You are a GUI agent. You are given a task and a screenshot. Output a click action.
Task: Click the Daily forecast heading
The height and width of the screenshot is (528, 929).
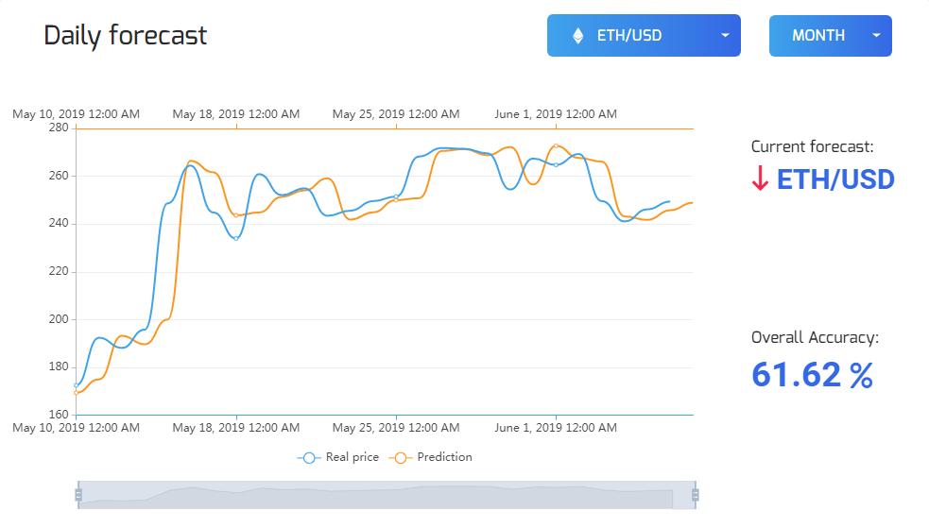point(126,36)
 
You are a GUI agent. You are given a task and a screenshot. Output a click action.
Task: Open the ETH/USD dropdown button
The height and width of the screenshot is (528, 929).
point(644,36)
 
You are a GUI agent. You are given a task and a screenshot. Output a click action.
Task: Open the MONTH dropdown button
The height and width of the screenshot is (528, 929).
point(830,36)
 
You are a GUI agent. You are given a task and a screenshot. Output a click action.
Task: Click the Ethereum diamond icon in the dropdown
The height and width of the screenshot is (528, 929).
point(577,36)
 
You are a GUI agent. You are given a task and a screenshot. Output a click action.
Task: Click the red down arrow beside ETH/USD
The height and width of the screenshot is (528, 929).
point(760,179)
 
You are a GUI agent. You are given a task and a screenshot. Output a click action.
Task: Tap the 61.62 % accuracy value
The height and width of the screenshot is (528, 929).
point(812,376)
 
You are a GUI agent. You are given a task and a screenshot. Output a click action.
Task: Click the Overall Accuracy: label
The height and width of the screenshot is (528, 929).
point(815,337)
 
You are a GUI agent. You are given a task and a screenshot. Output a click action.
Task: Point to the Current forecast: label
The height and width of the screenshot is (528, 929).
point(812,146)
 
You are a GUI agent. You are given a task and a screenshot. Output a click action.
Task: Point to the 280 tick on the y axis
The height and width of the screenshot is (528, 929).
point(58,128)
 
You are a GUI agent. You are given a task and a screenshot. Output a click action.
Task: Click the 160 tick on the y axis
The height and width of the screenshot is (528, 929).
point(58,415)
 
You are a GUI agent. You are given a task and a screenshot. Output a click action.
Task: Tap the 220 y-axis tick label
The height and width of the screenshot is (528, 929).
point(58,271)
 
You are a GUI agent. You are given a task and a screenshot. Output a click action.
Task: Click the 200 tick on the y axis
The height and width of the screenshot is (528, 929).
point(58,319)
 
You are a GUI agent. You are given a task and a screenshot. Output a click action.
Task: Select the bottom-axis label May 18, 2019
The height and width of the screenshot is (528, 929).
point(236,428)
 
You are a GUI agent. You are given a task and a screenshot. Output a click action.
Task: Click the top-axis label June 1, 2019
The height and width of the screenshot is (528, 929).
point(556,114)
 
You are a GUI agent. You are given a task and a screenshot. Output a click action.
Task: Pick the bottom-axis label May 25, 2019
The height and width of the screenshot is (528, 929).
point(396,428)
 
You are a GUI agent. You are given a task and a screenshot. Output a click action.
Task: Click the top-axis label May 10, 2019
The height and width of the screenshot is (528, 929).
point(76,114)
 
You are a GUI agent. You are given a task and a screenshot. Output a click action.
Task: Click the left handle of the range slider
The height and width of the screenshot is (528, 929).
point(78,494)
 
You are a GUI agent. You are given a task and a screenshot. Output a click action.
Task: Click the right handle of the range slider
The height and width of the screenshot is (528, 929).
point(695,494)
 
